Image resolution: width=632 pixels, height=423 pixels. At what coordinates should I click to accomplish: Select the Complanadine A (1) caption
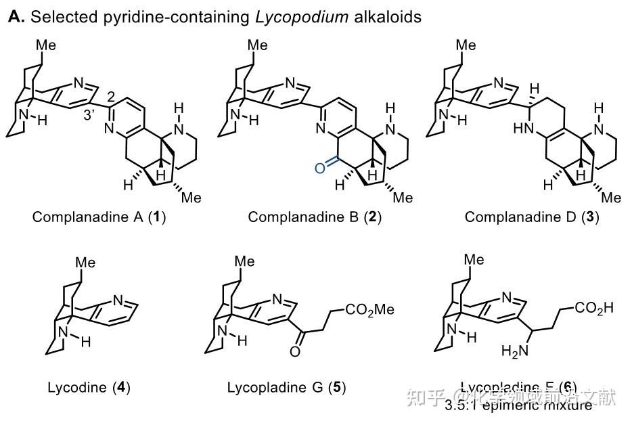[99, 218]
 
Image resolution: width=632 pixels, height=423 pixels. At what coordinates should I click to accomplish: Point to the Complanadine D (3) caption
[532, 218]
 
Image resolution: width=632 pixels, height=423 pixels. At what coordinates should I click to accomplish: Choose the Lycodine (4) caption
[89, 388]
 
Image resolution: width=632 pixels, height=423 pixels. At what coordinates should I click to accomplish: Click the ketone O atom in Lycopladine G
[294, 351]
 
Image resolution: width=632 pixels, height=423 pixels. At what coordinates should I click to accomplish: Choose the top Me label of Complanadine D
[466, 46]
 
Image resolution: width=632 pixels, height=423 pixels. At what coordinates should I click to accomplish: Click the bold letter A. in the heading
[16, 17]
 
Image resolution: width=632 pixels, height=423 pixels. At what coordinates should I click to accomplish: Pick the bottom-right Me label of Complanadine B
[403, 198]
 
